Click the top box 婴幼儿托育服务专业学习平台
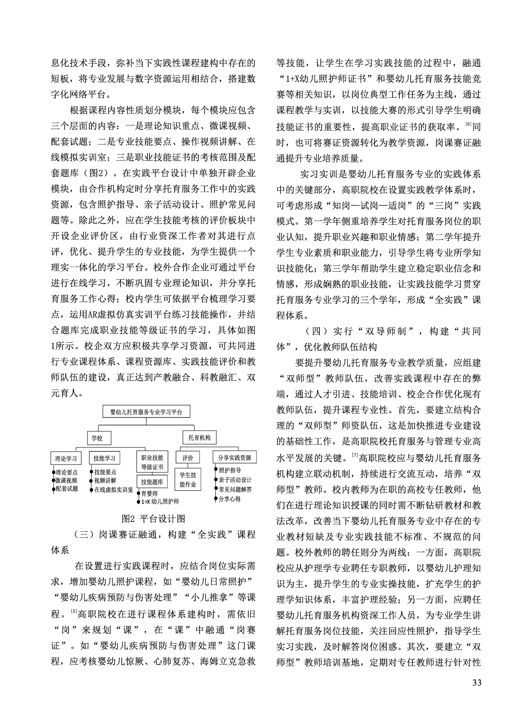click(x=146, y=411)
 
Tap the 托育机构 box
click(x=199, y=438)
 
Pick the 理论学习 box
click(x=66, y=458)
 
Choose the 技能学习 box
click(x=105, y=458)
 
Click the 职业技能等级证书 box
click(x=152, y=462)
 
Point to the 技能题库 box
click(x=152, y=482)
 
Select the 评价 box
click(x=188, y=458)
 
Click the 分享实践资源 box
click(x=235, y=458)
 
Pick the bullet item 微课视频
click(x=67, y=480)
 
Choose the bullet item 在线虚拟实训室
click(x=113, y=489)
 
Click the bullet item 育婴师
click(x=149, y=493)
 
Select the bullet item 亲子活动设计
click(x=235, y=480)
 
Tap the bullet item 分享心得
click(x=230, y=499)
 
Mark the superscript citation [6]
click(x=468, y=124)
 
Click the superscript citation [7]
click(x=355, y=455)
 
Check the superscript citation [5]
click(x=74, y=611)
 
